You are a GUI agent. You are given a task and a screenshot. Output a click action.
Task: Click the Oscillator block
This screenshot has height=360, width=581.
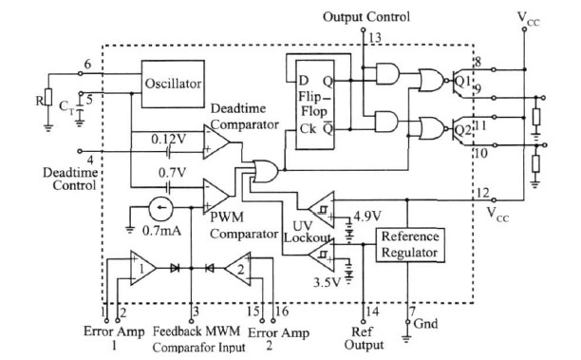click(x=173, y=85)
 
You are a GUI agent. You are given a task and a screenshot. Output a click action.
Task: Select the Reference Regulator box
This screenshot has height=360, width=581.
click(x=410, y=245)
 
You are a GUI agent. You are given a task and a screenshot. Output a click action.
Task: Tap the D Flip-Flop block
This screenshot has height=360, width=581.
click(x=314, y=104)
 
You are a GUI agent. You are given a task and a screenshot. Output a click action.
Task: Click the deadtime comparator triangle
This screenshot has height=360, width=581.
click(x=216, y=142)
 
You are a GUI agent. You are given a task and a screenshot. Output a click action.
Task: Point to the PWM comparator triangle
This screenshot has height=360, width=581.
click(x=216, y=196)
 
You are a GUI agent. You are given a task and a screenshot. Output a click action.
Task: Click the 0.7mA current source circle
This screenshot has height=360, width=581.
click(x=160, y=208)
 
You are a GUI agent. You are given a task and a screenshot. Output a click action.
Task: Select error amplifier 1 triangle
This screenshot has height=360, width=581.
click(x=143, y=268)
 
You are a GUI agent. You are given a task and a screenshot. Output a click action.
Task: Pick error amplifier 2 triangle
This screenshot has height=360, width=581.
click(x=237, y=269)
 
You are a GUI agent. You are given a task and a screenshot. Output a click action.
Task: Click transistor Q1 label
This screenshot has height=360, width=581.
click(x=462, y=81)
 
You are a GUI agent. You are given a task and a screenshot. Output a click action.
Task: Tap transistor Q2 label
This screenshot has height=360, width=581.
click(x=462, y=130)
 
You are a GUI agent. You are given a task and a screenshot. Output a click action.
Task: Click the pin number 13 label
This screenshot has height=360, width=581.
click(x=375, y=37)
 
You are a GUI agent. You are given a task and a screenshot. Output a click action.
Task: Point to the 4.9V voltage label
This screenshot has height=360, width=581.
click(x=367, y=216)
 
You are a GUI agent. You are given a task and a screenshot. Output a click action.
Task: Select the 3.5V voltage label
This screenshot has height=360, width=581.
click(x=327, y=282)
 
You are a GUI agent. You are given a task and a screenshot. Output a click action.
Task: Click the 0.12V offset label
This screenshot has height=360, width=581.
click(x=169, y=140)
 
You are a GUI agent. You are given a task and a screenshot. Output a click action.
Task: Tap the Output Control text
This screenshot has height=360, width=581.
click(x=366, y=17)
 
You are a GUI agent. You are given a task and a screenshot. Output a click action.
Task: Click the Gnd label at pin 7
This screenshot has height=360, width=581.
click(x=425, y=324)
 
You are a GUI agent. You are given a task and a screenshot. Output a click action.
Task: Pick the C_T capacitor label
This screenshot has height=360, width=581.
click(x=67, y=107)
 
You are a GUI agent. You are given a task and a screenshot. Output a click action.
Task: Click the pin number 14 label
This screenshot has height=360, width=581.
click(x=372, y=312)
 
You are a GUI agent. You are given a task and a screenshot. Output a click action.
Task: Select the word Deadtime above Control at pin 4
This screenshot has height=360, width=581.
click(x=70, y=172)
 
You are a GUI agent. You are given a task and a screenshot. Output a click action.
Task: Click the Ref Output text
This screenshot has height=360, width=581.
click(x=364, y=338)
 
